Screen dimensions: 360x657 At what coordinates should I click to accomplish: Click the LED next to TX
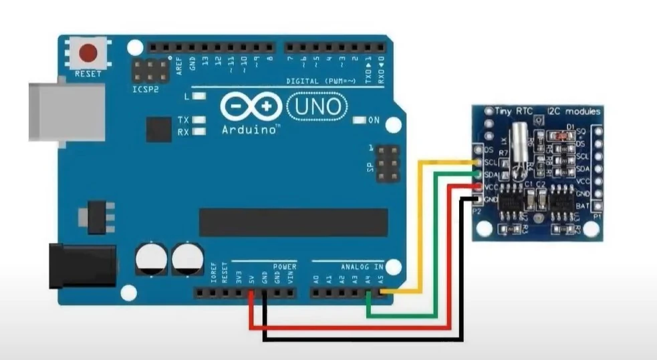199,120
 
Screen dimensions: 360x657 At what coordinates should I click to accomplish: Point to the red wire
348,328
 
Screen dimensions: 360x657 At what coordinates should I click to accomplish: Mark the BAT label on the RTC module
581,206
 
